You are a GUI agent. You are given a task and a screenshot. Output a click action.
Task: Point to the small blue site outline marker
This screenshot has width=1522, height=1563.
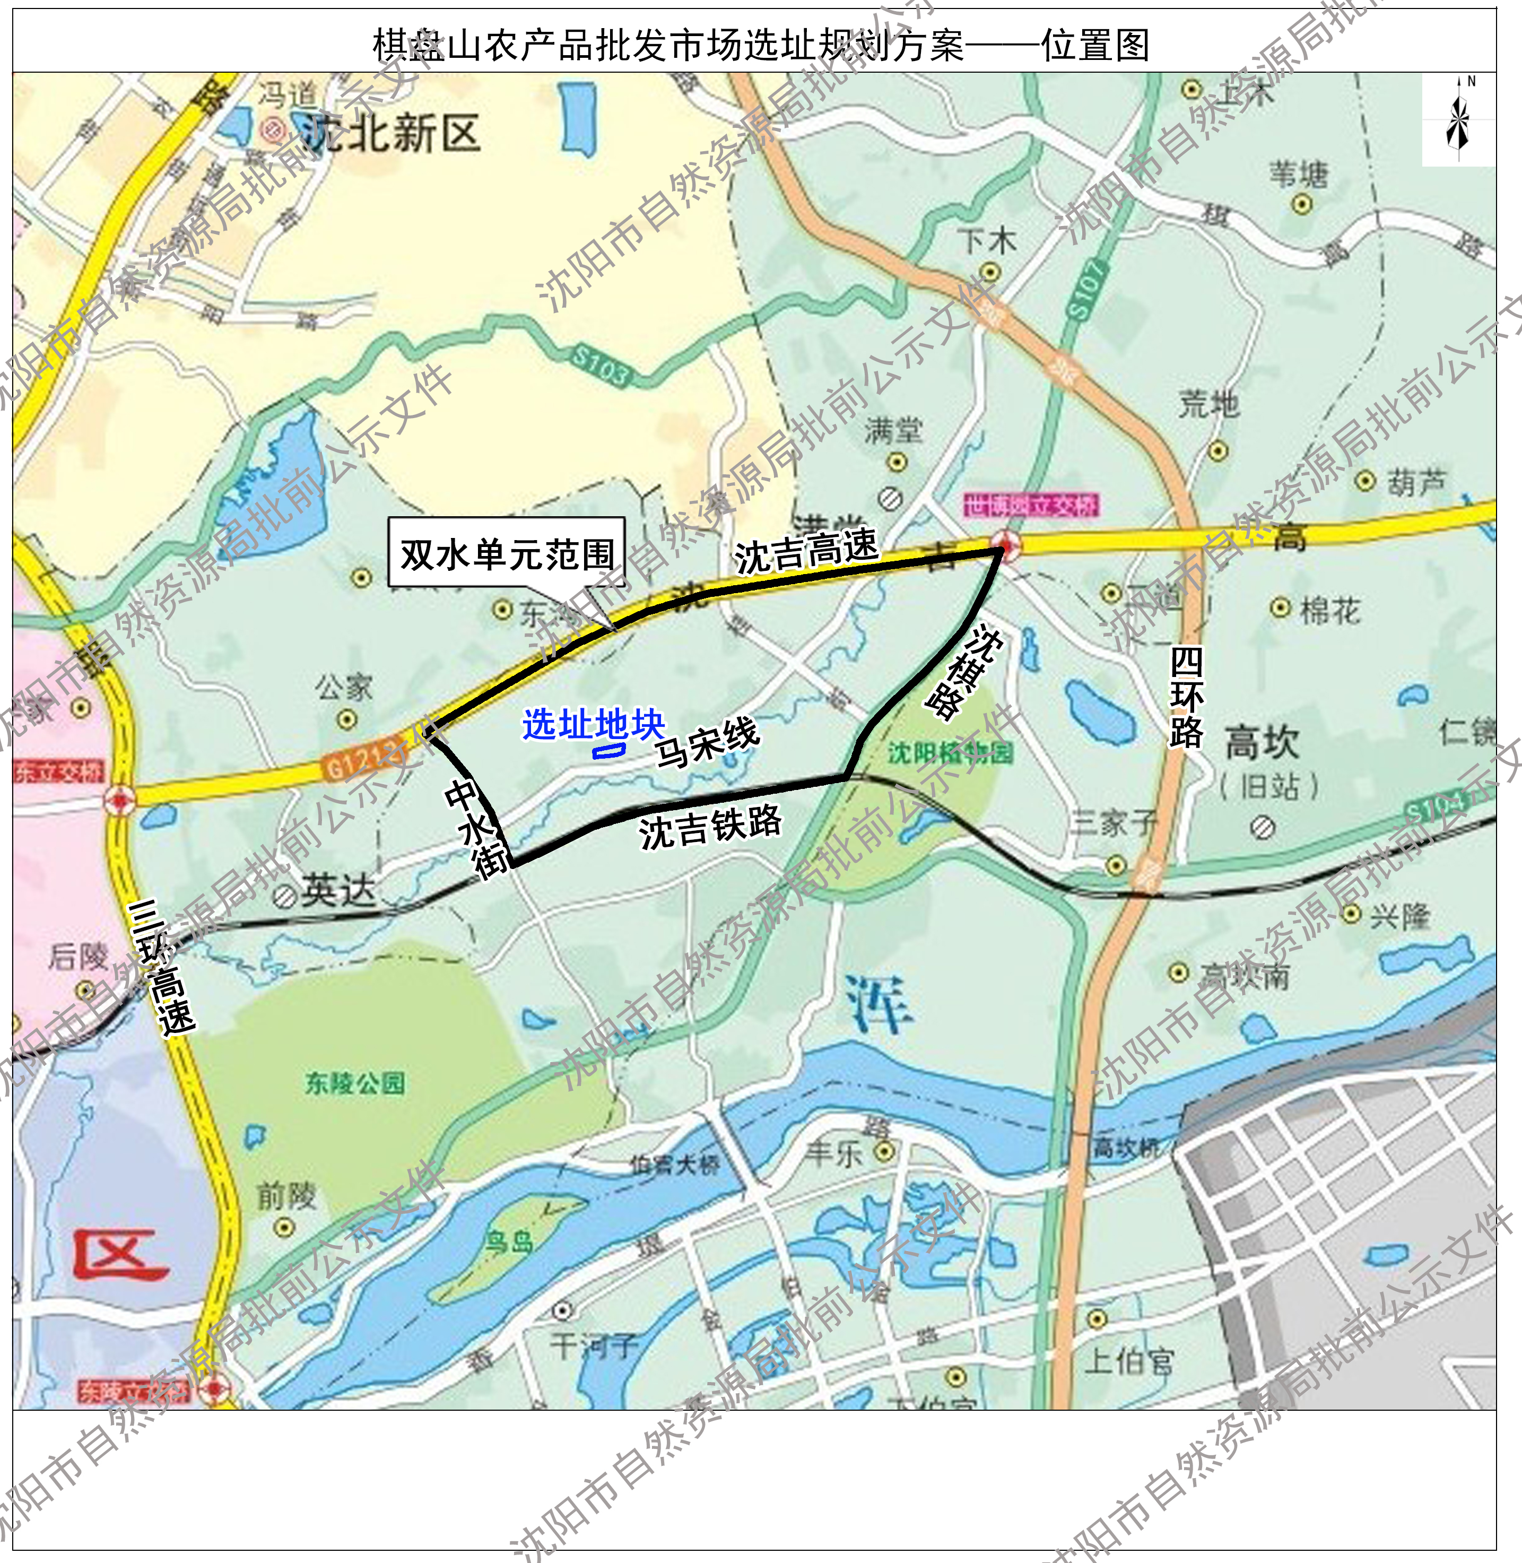tap(608, 751)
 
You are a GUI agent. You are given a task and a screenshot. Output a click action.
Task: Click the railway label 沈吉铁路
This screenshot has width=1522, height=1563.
tap(710, 826)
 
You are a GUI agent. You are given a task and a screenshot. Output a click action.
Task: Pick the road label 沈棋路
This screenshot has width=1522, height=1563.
tap(964, 672)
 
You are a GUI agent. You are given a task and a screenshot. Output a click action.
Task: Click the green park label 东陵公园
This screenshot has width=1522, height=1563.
tap(355, 1083)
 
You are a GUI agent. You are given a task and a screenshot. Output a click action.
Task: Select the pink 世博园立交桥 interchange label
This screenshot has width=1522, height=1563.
tap(1031, 505)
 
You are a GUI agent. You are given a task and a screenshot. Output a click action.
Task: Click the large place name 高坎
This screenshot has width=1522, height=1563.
tap(1262, 742)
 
